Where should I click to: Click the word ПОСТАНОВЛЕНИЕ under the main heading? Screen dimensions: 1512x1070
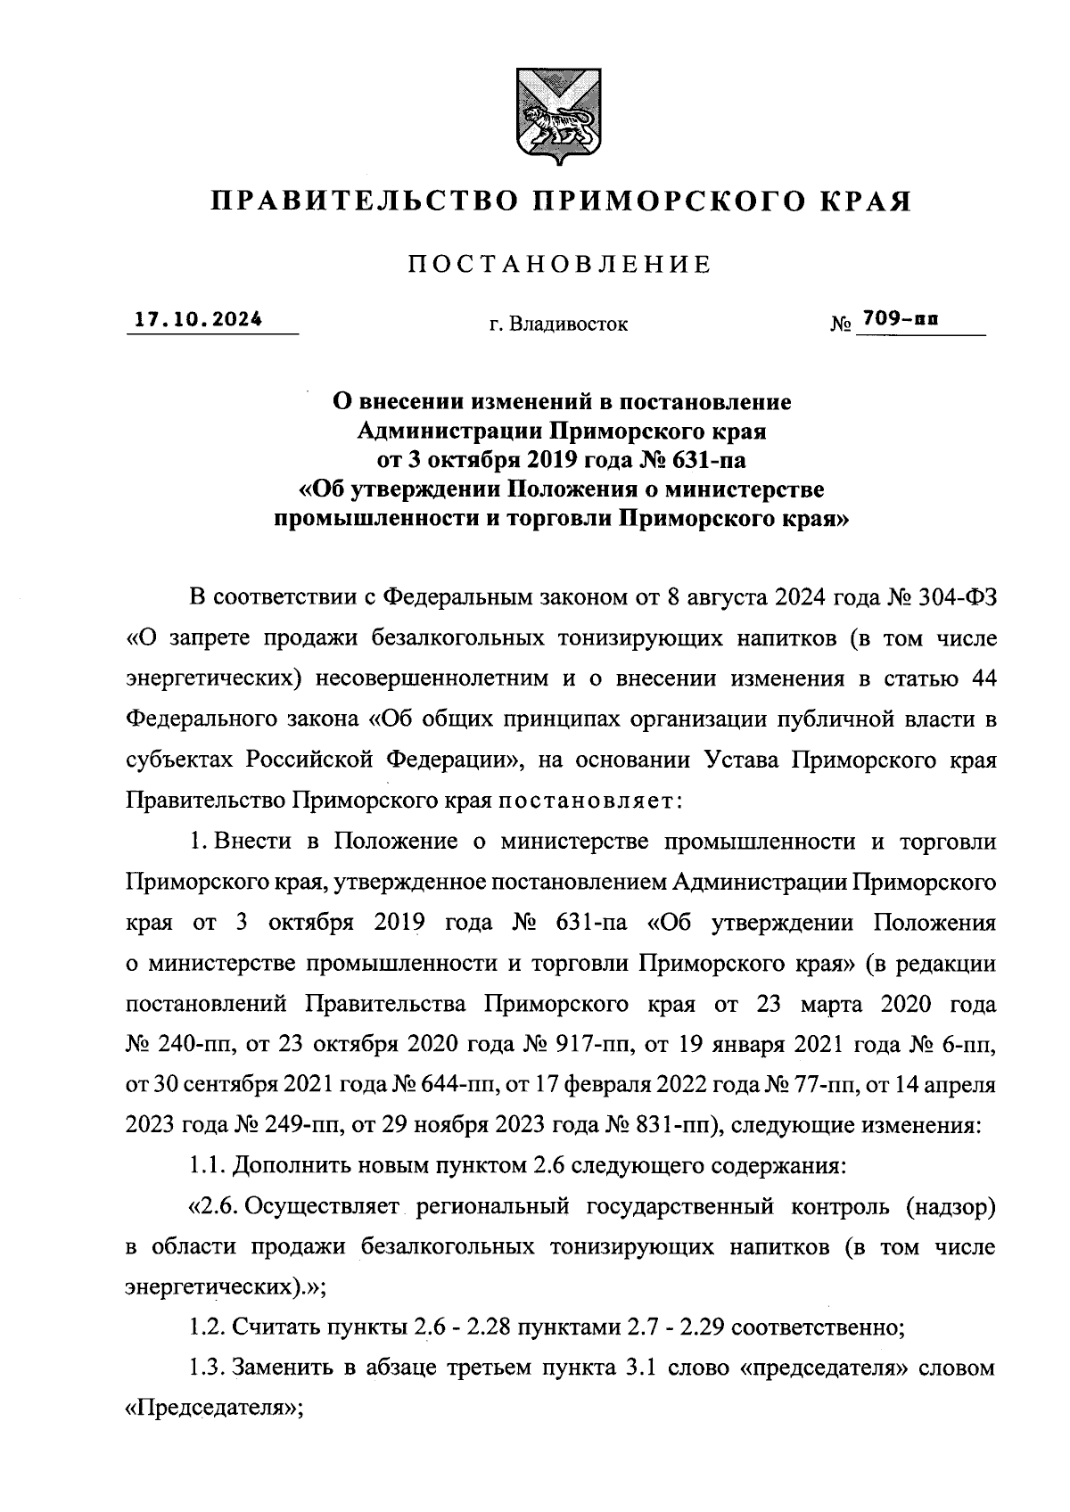click(x=560, y=264)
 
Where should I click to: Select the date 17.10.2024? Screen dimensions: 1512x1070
click(x=199, y=319)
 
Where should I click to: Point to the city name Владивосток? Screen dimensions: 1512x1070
click(x=569, y=325)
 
